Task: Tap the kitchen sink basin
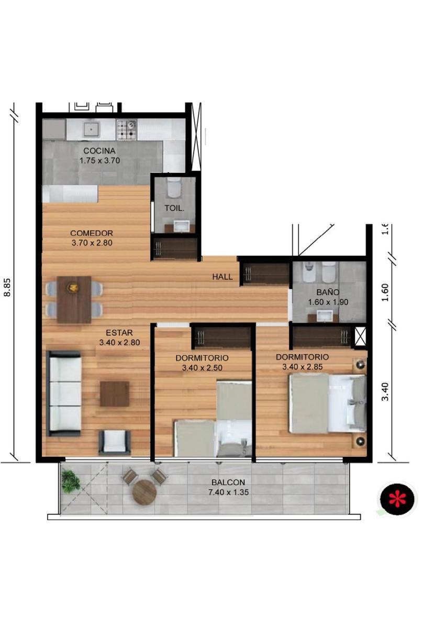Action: click(92, 129)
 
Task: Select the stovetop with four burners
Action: click(127, 130)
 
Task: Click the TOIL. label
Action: click(174, 208)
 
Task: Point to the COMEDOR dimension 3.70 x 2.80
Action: click(92, 243)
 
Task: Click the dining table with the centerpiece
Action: click(74, 300)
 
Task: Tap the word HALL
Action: click(222, 277)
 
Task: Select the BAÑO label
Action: click(328, 292)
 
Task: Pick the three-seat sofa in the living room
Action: click(64, 394)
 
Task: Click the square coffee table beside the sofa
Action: click(115, 394)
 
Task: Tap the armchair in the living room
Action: click(115, 443)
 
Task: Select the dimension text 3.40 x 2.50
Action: click(202, 368)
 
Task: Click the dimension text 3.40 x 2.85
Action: click(303, 367)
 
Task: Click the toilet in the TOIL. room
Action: click(174, 187)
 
